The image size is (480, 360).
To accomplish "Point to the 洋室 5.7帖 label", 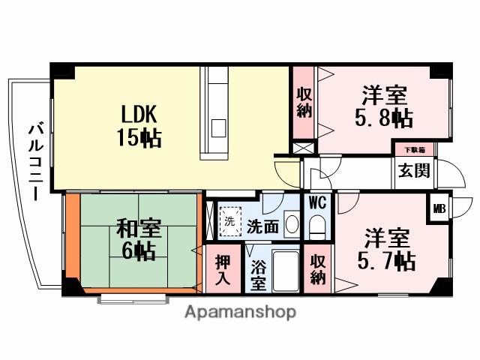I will click(x=385, y=250).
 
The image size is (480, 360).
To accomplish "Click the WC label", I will click(x=316, y=203).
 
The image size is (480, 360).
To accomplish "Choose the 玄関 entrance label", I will click(x=414, y=170).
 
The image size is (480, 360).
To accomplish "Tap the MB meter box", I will click(x=439, y=208).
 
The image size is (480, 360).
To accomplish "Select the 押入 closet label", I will click(x=223, y=271).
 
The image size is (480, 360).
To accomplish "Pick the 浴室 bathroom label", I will click(x=258, y=275).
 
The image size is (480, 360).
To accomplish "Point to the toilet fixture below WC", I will click(x=316, y=226).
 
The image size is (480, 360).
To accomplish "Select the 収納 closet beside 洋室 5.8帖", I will click(x=304, y=103).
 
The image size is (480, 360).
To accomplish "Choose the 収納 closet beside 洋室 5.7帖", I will click(x=318, y=269).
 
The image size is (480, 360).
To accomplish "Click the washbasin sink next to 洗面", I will click(x=292, y=224).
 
